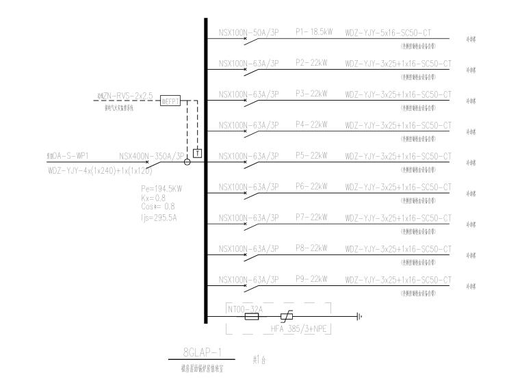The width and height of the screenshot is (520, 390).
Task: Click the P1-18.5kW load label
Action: pyautogui.click(x=314, y=32)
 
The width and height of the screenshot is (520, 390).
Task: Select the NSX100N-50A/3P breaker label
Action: pyautogui.click(x=248, y=32)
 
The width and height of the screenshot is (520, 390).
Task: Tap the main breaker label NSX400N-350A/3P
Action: pyautogui.click(x=152, y=156)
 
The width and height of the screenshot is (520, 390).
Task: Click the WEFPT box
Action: pyautogui.click(x=169, y=101)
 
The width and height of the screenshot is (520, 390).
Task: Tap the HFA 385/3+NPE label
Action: pyautogui.click(x=306, y=330)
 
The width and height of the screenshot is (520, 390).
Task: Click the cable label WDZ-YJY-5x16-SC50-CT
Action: pyautogui.click(x=398, y=32)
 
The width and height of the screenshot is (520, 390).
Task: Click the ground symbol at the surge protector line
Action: pyautogui.click(x=360, y=317)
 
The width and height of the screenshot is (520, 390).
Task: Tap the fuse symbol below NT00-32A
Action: pyautogui.click(x=251, y=317)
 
